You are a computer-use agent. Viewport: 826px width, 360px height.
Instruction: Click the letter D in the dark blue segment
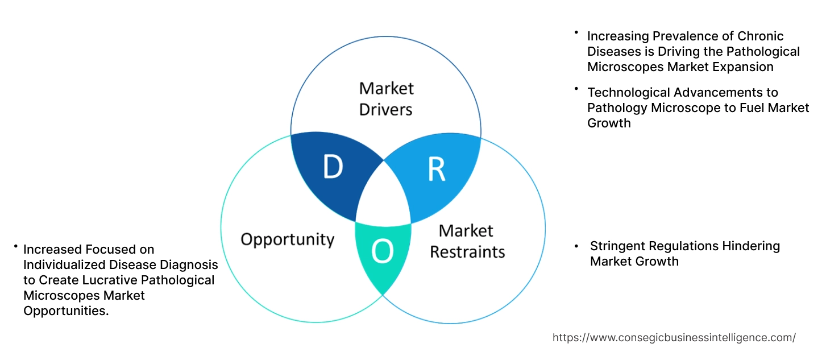tap(333, 167)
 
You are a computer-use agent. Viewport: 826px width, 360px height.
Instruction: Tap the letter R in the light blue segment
tap(437, 169)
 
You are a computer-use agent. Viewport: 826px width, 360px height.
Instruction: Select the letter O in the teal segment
tap(382, 252)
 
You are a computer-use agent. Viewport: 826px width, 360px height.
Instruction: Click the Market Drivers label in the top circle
tap(387, 98)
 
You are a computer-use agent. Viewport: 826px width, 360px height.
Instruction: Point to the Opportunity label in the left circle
tap(287, 239)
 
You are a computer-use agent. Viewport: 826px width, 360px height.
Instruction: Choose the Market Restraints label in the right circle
tap(467, 241)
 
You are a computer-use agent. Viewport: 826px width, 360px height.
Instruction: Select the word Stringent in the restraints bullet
tap(617, 246)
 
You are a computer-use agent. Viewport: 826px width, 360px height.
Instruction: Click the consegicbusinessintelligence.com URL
tap(674, 337)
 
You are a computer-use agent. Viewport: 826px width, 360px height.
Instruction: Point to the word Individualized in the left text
tap(60, 264)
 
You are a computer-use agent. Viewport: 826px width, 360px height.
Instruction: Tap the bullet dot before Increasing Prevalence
tap(576, 33)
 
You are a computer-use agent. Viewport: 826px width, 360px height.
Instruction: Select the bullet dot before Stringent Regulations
tap(576, 246)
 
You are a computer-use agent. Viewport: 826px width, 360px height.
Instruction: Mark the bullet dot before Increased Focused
tap(16, 246)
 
